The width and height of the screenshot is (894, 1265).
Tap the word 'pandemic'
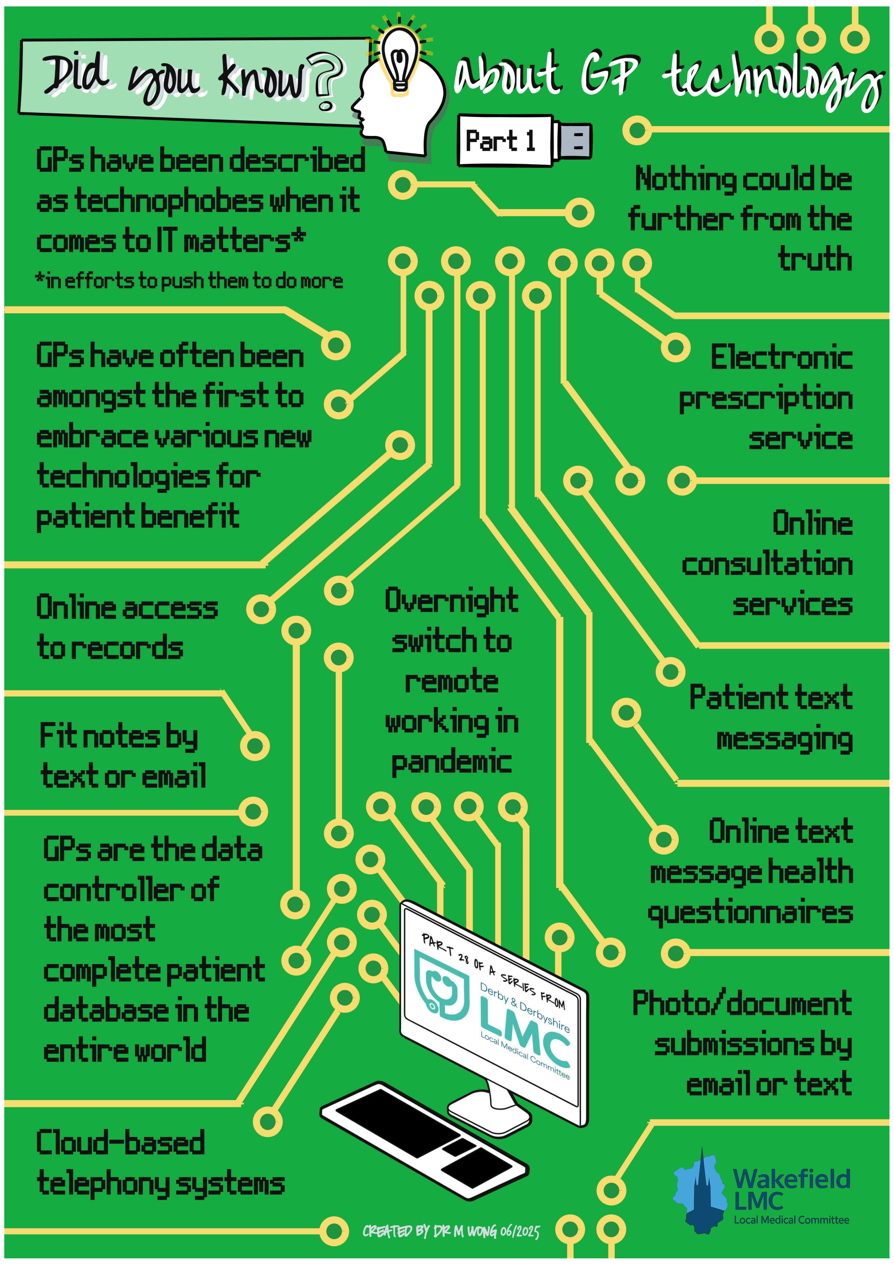452,763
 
